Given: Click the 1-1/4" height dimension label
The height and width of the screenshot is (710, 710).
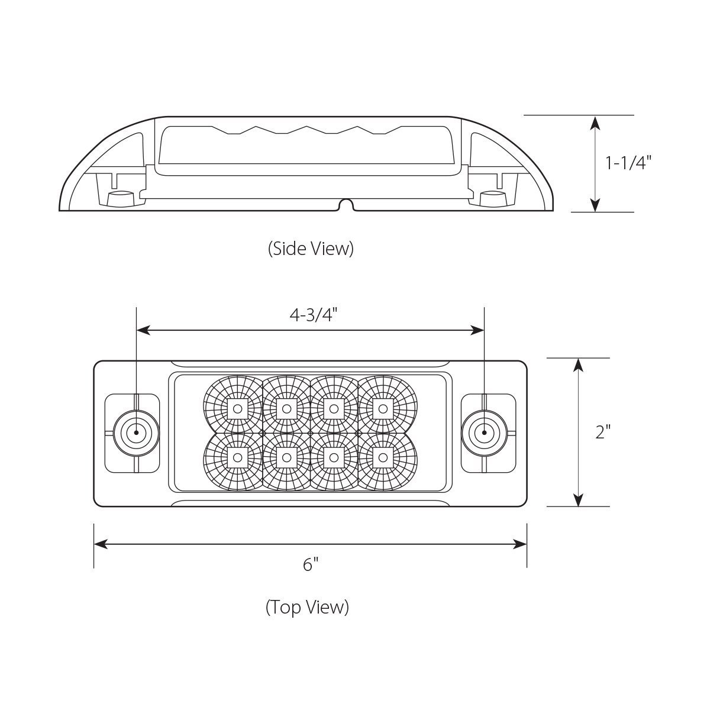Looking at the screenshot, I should coord(628,163).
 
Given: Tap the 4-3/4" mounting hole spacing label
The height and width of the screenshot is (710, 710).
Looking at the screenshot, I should coord(313,315).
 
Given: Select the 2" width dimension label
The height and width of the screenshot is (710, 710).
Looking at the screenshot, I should coord(602,432).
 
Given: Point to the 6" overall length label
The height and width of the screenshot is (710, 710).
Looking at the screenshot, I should coord(311,564).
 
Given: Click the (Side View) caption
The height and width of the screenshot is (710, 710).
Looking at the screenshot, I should coord(311,248).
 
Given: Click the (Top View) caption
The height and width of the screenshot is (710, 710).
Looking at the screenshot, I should coord(307,607).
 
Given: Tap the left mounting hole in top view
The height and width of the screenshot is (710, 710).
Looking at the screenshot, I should coord(136,433).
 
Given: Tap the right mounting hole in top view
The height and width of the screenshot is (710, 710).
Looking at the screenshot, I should coord(484,433).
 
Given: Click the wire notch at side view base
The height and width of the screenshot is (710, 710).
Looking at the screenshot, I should coord(346,205).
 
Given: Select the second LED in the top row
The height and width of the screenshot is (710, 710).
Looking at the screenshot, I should coord(286,408).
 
